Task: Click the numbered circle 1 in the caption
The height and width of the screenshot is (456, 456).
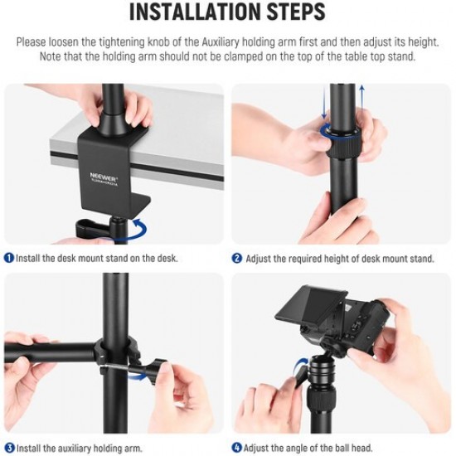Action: point(8,258)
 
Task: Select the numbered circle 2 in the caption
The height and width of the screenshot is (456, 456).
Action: point(237,258)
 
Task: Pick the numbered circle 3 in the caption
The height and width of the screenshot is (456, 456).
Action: point(8,448)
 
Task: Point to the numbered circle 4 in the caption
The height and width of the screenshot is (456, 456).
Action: point(237,448)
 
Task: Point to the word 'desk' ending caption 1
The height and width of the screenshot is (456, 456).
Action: point(167,258)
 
